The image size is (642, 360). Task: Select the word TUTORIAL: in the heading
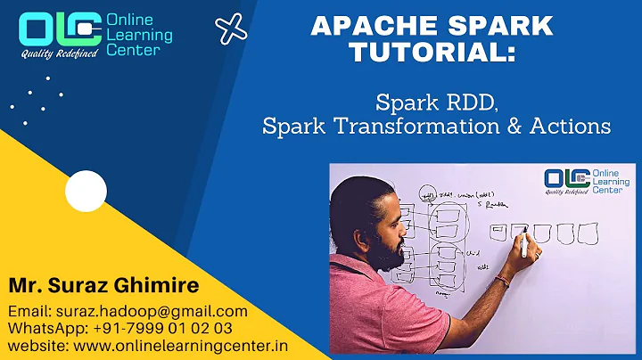[x=432, y=53]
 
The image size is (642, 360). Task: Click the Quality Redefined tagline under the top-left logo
[x=58, y=53]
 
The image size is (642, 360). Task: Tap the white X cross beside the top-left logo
[x=232, y=29]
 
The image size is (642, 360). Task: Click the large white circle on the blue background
[x=86, y=190]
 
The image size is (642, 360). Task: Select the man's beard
[x=392, y=253]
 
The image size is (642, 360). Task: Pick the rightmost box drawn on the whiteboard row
[x=586, y=233]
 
